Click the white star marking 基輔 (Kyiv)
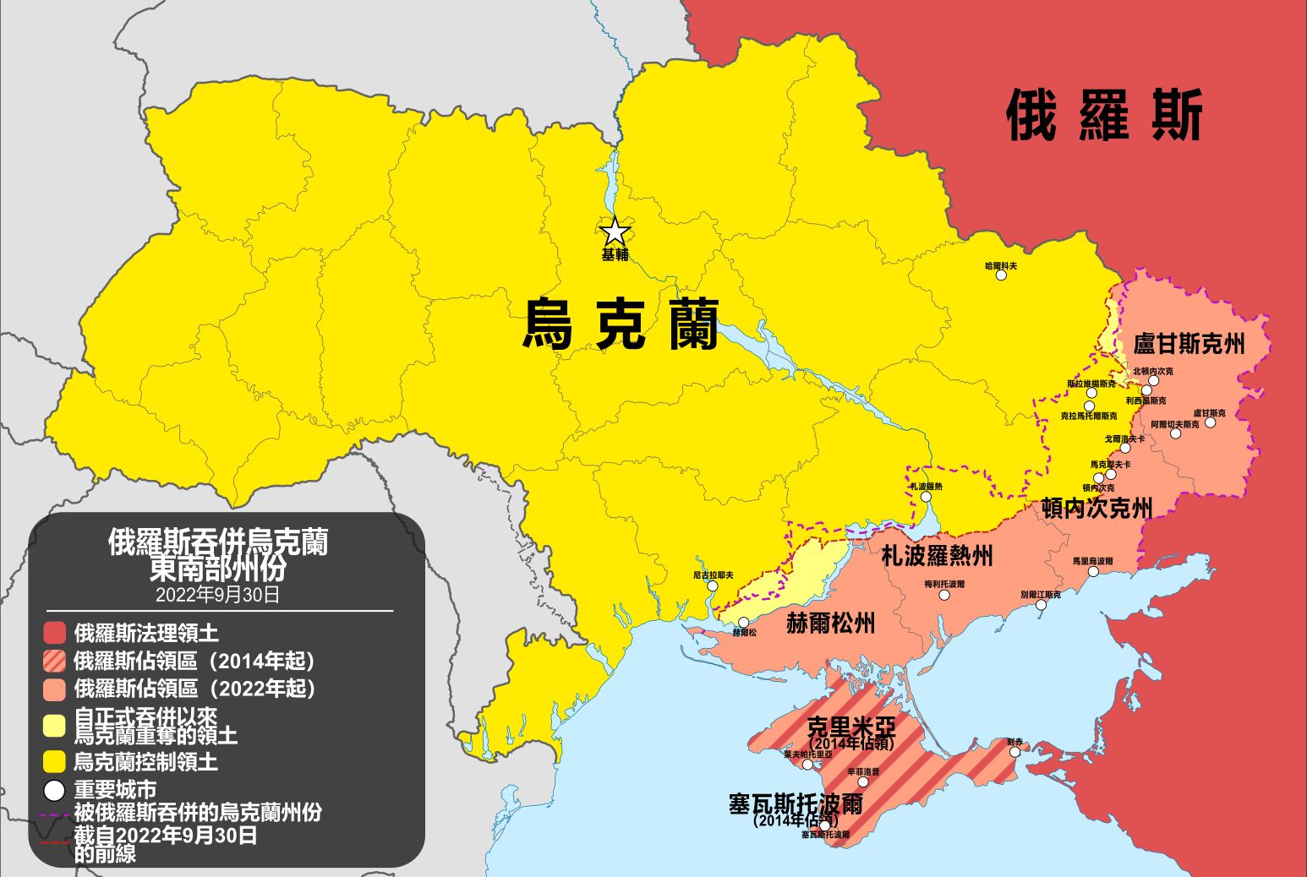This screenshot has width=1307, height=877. tap(615, 232)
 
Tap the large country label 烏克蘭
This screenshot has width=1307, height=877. tap(621, 324)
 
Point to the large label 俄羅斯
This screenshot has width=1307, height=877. tap(1104, 116)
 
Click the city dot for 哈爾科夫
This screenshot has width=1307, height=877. tap(1001, 275)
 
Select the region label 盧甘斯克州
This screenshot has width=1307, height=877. tap(1189, 345)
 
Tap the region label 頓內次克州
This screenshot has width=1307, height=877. tap(1096, 508)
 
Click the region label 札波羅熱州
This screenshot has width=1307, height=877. tap(937, 556)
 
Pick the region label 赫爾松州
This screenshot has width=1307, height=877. tap(830, 624)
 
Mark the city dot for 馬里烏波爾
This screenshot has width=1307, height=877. tap(1092, 571)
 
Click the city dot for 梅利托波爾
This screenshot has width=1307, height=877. tap(944, 595)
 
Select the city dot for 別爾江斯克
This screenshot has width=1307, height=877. tap(1041, 605)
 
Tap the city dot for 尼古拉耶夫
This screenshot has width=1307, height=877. tap(713, 586)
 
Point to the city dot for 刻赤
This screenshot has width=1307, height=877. tap(1014, 752)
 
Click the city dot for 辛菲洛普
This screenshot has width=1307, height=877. tap(863, 782)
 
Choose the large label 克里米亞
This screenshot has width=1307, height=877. tap(850, 727)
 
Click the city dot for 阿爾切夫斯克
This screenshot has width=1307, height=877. tap(1175, 433)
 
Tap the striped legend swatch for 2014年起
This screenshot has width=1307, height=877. tap(54, 661)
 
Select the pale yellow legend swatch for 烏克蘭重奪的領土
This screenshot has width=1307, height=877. tap(54, 726)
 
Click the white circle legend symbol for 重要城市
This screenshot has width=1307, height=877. tap(54, 791)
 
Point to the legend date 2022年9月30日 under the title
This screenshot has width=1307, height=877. tap(217, 595)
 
